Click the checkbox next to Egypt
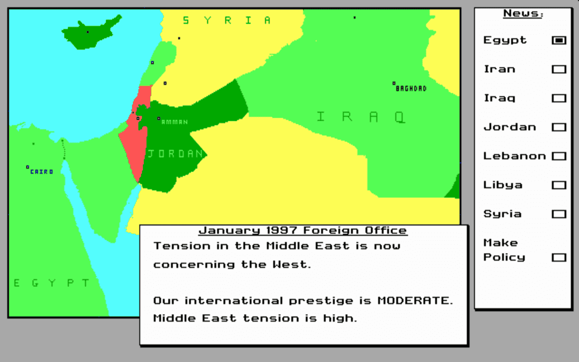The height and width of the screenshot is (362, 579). pos(559,40)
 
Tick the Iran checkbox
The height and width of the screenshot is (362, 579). pos(559,69)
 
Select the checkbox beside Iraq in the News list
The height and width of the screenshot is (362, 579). pos(559,98)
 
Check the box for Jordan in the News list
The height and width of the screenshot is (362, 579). pos(559,127)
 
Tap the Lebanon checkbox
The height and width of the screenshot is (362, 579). pos(559,156)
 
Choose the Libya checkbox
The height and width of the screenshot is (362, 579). pos(559,185)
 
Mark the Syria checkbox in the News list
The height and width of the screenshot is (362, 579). pos(559,214)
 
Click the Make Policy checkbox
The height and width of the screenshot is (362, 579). pos(559,257)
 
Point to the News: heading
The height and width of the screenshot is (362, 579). pos(523,14)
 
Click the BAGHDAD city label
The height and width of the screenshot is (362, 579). pos(411,89)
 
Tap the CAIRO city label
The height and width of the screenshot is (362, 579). pos(42,172)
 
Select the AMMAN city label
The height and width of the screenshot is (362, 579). pos(175,122)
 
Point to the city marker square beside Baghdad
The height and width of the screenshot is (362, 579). pos(394,83)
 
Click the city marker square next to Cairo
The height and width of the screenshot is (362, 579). pos(28,167)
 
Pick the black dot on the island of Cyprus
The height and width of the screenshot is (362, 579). pos(88,32)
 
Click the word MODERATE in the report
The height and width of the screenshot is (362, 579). pos(415,301)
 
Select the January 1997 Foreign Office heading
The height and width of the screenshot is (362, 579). pos(303,230)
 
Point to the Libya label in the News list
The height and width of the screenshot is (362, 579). pos(503,185)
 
